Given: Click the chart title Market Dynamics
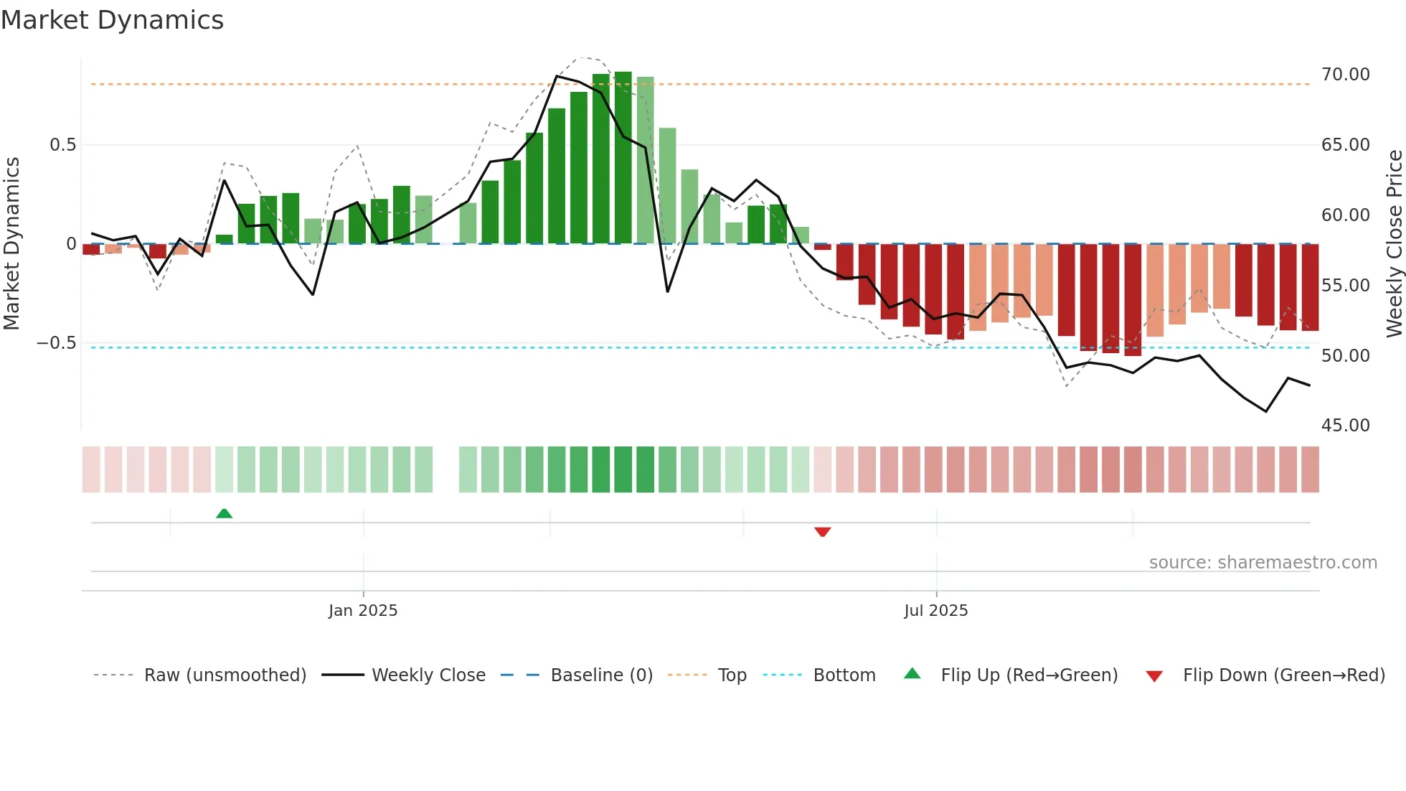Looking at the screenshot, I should click(x=112, y=20).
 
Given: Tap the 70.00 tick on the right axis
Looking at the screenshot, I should click(x=1345, y=75).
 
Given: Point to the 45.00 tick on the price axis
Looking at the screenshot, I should click(x=1345, y=426).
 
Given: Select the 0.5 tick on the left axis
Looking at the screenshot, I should click(x=62, y=145).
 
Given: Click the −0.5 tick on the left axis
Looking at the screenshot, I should click(x=57, y=343).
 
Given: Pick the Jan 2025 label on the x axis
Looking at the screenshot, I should click(x=363, y=611).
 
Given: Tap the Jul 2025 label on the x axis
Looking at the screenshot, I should click(x=935, y=611).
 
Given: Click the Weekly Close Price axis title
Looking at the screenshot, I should click(x=1394, y=243).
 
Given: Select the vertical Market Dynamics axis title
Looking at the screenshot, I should click(x=11, y=243).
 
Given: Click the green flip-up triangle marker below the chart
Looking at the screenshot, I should click(x=224, y=513).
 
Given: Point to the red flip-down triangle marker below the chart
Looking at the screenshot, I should click(x=822, y=532).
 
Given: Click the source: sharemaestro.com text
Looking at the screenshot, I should click(x=1263, y=563).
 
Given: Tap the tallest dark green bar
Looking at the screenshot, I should click(x=623, y=158).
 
